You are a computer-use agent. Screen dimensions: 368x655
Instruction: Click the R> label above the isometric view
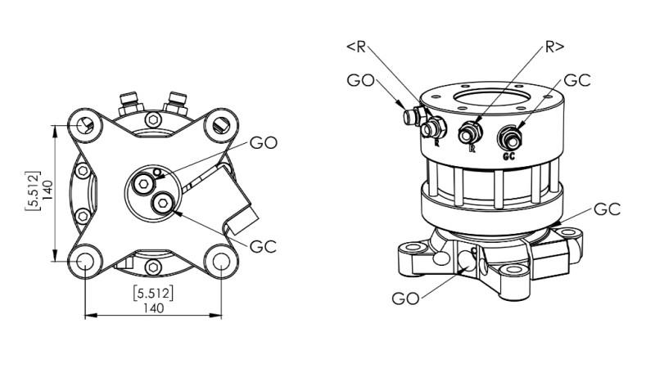click(x=553, y=47)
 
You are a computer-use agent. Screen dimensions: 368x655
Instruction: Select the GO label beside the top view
click(x=264, y=143)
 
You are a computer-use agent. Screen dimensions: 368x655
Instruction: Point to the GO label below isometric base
click(x=407, y=298)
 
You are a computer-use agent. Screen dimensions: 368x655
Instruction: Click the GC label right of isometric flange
click(x=607, y=209)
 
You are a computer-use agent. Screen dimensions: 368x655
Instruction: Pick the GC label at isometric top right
click(x=577, y=81)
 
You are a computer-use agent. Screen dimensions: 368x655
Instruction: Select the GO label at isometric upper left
click(x=362, y=81)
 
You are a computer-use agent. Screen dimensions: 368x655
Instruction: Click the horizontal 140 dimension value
click(x=154, y=307)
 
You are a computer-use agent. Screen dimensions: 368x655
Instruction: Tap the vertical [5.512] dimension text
click(x=33, y=191)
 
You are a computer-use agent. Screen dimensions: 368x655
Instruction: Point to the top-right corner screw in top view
click(x=217, y=125)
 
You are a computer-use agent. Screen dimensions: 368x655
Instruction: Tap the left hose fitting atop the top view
click(x=129, y=104)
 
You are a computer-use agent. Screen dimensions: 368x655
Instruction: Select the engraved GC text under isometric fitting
click(x=509, y=155)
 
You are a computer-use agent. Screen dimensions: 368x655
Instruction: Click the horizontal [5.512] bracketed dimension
click(x=153, y=293)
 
